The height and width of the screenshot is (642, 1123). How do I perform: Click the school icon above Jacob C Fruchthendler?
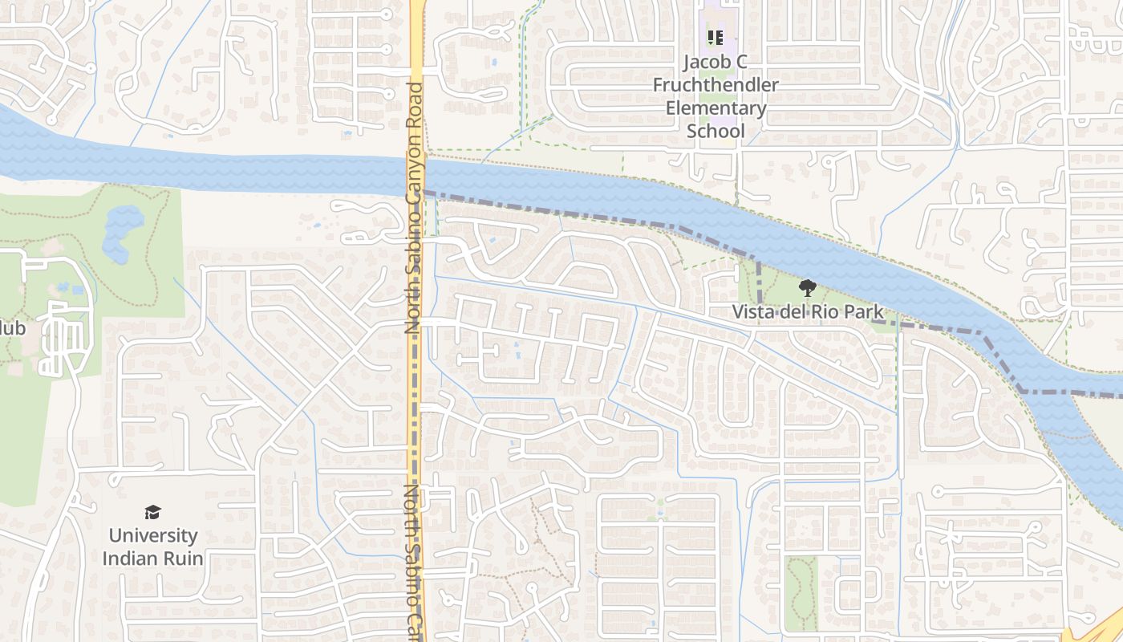coord(715,37)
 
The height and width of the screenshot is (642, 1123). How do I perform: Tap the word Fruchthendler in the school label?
coord(716,84)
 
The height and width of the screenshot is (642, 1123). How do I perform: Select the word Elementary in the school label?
coord(716,108)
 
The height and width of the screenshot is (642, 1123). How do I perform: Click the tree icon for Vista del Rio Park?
coord(808,288)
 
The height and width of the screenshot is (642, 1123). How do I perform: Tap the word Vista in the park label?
coord(752,312)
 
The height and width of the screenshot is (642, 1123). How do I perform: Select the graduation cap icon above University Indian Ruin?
coord(152,512)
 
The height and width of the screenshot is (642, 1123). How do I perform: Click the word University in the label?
coord(152,535)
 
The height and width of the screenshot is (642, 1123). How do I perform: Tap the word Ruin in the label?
coord(183,558)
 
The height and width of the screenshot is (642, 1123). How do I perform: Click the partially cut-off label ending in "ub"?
coord(11,328)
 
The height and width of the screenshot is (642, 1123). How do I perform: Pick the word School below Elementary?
coord(716,130)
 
